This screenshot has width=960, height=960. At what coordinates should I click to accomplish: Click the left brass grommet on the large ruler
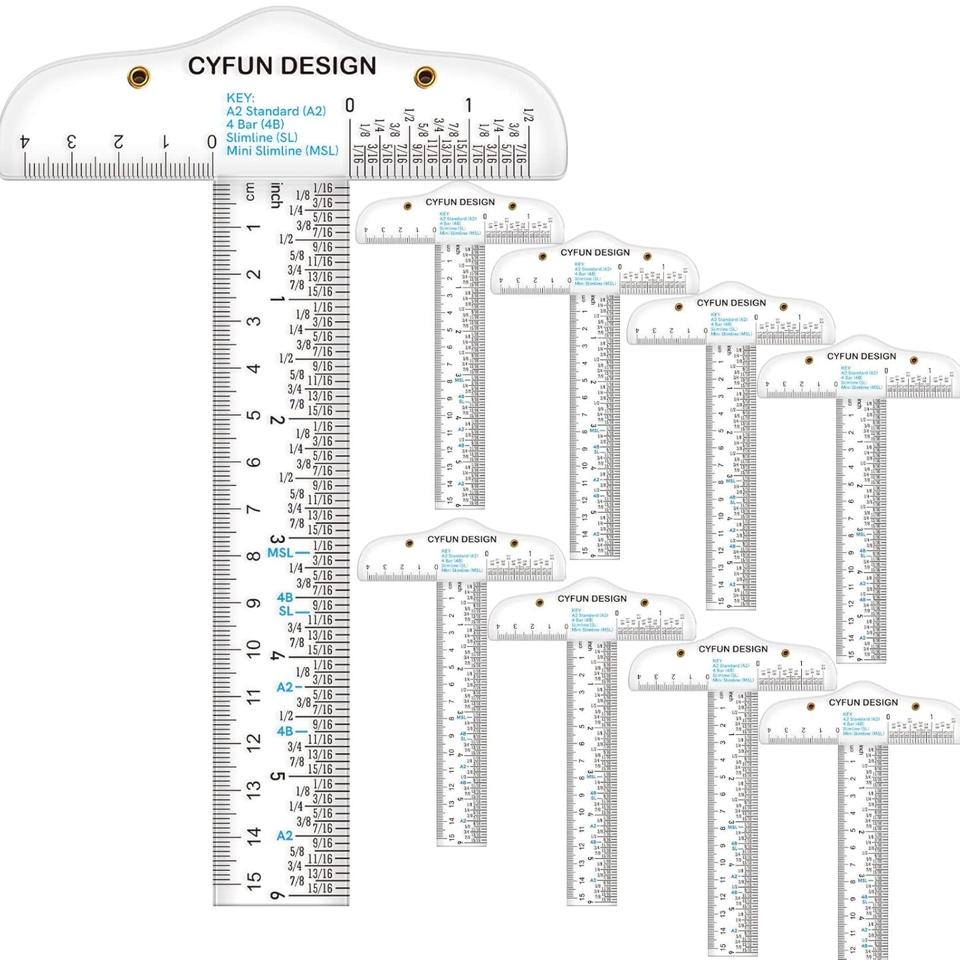[x=139, y=76]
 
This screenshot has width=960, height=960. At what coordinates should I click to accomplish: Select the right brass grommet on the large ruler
[x=425, y=76]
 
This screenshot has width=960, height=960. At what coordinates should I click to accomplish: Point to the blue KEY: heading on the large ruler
[x=240, y=98]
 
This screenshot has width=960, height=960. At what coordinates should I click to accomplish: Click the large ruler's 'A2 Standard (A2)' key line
[x=276, y=111]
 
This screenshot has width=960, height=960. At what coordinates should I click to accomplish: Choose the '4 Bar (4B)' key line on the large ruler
[x=254, y=124]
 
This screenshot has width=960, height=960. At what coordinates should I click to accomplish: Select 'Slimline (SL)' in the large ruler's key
[x=261, y=138]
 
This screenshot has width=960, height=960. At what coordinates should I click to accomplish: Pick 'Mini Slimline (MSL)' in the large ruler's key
[x=282, y=151]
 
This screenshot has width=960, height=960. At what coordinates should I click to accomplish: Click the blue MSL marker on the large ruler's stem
[x=280, y=553]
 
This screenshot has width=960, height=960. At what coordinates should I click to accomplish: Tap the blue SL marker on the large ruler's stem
[x=286, y=611]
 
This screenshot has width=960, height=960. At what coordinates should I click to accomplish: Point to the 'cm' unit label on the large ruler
[x=250, y=191]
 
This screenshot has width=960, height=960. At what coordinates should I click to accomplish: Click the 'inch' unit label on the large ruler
[x=276, y=195]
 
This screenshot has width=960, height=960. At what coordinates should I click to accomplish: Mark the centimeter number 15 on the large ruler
[x=254, y=880]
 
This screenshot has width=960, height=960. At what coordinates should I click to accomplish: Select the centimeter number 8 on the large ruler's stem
[x=254, y=555]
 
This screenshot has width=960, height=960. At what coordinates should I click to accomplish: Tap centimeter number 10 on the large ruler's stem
[x=254, y=648]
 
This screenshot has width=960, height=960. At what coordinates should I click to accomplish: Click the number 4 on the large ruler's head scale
[x=25, y=142]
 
